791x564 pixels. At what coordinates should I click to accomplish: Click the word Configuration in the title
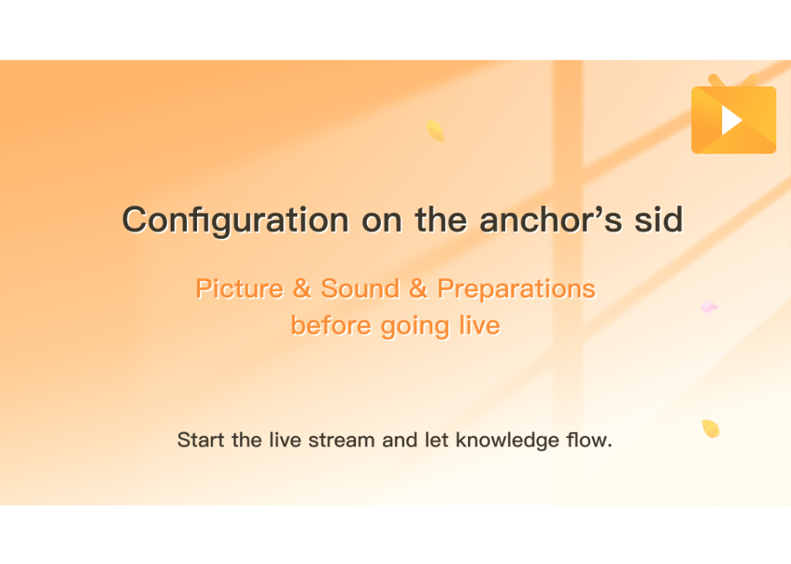tap(236, 220)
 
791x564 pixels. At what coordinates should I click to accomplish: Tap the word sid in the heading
tap(659, 219)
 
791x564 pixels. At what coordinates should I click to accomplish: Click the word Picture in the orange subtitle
tap(239, 288)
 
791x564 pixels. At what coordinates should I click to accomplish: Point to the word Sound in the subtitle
tap(360, 288)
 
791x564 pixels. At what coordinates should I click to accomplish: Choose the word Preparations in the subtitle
tap(516, 290)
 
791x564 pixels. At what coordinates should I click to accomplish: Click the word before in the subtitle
tap(331, 325)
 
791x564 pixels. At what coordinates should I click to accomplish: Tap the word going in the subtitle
tap(415, 327)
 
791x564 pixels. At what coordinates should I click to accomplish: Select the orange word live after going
tap(479, 325)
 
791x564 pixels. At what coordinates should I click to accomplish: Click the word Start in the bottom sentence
tap(201, 440)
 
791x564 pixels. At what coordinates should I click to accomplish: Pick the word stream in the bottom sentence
tap(341, 440)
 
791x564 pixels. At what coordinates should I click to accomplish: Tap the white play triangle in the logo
tap(731, 120)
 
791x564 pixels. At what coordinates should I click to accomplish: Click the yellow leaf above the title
tap(435, 131)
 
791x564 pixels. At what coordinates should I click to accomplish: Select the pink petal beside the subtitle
tap(709, 307)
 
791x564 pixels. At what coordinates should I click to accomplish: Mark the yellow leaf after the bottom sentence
tap(711, 429)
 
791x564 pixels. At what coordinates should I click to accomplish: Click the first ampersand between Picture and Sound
tap(302, 288)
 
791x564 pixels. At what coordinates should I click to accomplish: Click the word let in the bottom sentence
tap(436, 440)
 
